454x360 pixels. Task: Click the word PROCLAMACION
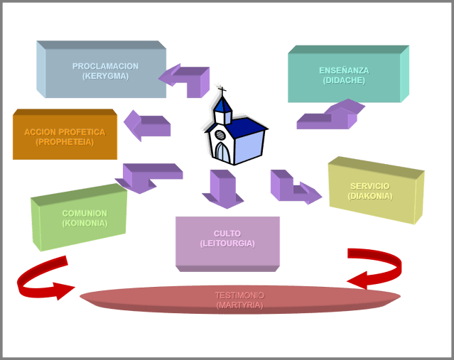tap(105, 66)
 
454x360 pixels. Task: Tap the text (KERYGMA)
tap(105, 76)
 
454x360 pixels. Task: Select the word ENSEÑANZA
tap(344, 70)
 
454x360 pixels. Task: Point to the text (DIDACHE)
tap(344, 80)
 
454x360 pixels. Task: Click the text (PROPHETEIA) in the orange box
tap(65, 142)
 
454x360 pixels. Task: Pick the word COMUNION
tap(85, 213)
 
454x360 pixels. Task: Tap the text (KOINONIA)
tap(85, 223)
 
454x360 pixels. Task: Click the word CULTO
tap(227, 234)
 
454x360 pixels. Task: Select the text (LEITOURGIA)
tap(227, 244)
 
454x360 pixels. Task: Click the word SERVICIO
tap(369, 186)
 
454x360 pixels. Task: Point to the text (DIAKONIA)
tap(369, 196)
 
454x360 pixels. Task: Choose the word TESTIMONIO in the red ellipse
tap(239, 295)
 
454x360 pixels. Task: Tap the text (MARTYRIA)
tap(239, 305)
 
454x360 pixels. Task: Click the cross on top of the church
tap(222, 90)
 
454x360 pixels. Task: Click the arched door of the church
tap(222, 152)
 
